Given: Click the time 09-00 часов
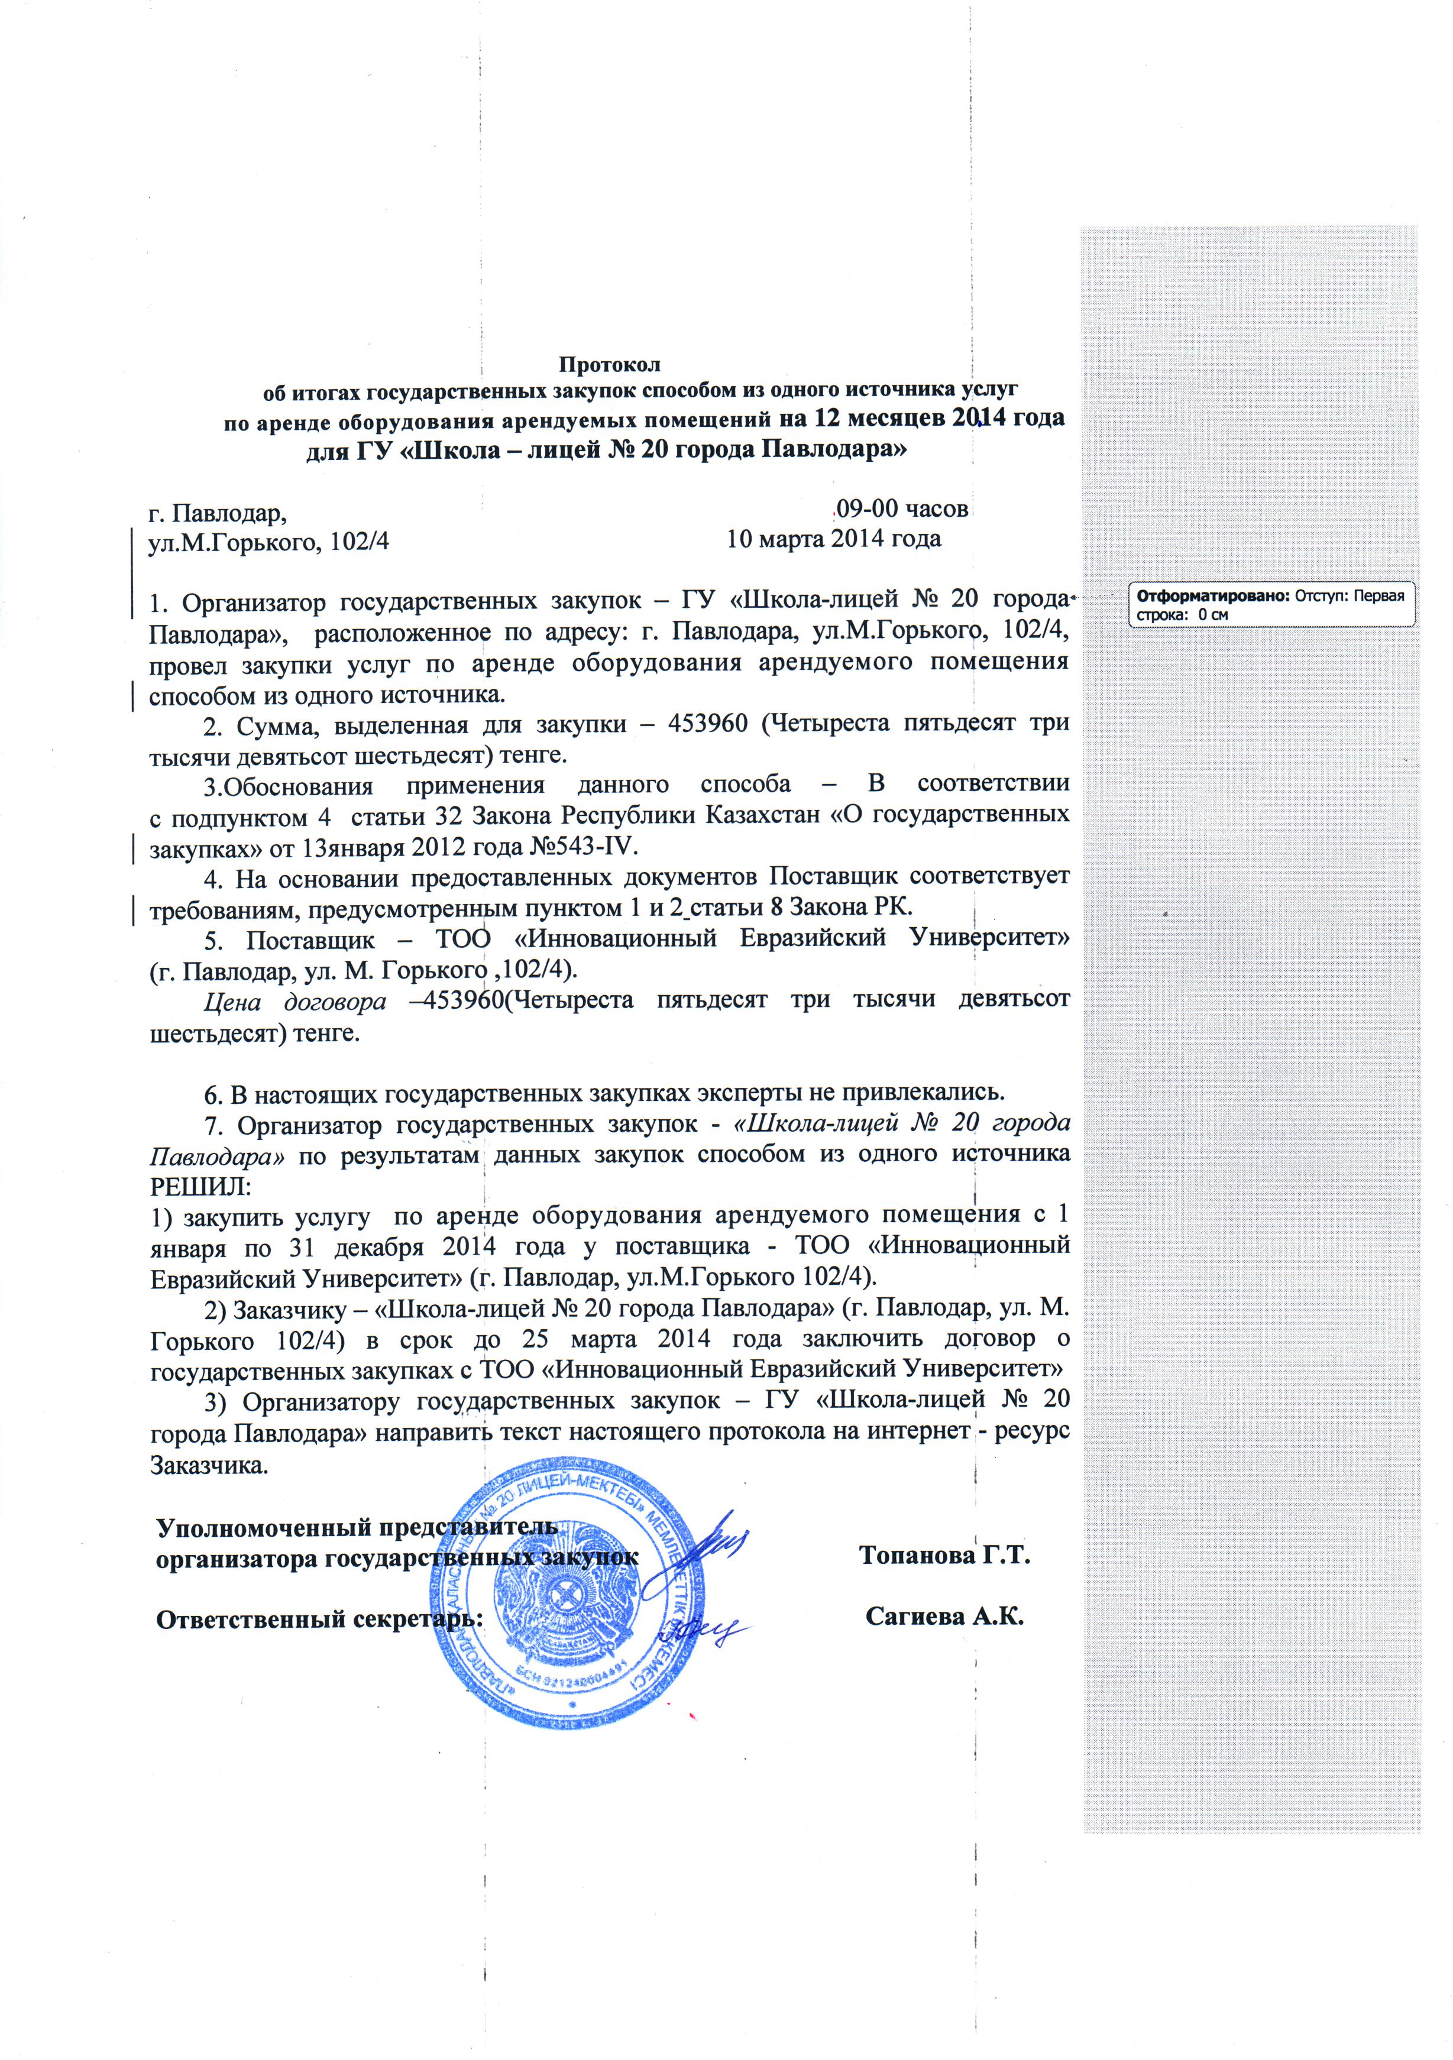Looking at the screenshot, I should tap(901, 508).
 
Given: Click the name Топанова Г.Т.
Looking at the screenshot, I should tap(944, 1555).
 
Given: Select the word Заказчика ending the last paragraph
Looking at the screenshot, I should tap(209, 1466).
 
